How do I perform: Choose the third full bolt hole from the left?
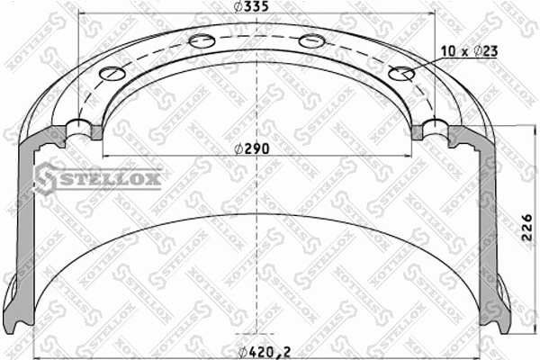[x=311, y=40]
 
